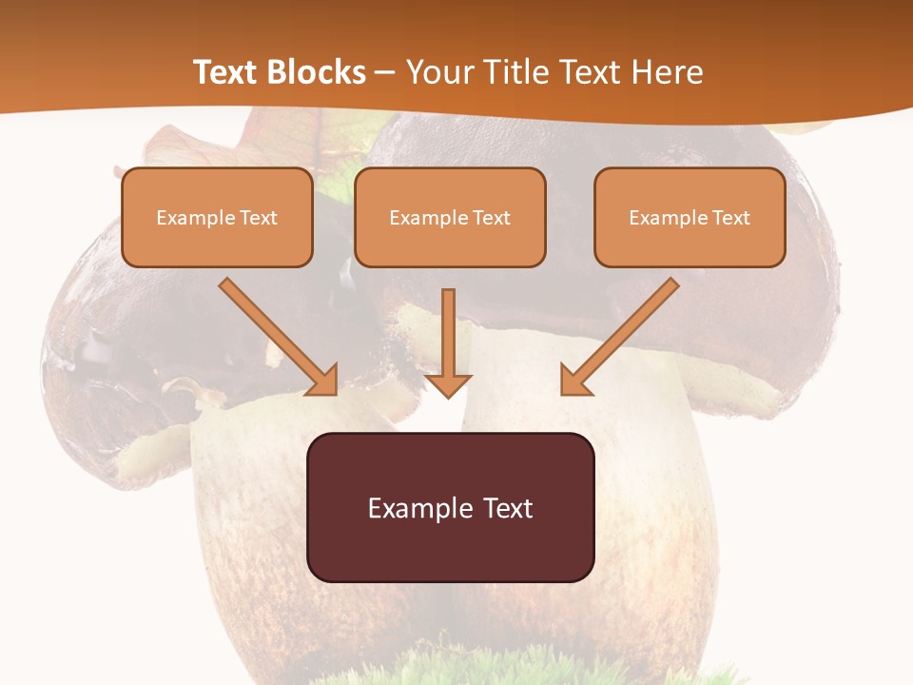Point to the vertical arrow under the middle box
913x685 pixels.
point(449,333)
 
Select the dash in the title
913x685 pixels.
point(385,72)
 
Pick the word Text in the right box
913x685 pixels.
point(730,218)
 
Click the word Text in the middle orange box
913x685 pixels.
point(491,218)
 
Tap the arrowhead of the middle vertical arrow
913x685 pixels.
point(449,384)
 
